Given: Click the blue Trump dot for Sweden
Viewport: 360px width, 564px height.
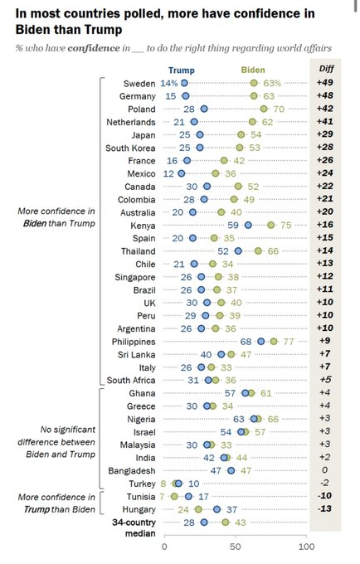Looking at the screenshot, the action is [184, 83].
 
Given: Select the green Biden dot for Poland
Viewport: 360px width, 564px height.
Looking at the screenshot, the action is [264, 109].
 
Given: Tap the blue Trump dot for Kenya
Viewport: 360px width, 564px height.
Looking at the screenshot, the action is [248, 225].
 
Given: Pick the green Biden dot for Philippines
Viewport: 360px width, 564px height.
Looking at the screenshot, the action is [274, 342].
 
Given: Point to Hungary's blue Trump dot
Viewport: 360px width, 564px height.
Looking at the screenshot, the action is [216, 509].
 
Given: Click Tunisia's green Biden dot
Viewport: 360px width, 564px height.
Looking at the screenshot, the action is [174, 496].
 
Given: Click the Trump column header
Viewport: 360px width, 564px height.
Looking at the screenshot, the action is [182, 70].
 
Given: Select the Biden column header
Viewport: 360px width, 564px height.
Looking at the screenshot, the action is [253, 70].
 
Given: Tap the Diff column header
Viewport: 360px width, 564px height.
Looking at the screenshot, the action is [327, 68].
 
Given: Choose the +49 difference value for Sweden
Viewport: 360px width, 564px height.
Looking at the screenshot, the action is [325, 82].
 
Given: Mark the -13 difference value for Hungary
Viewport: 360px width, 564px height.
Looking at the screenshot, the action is [324, 508].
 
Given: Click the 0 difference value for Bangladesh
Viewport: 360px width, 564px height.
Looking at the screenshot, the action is [325, 470].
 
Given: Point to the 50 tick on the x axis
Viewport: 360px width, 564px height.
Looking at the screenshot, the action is [236, 547].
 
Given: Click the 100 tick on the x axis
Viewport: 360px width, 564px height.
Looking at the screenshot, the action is [306, 547].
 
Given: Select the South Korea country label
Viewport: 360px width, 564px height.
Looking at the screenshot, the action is [130, 148].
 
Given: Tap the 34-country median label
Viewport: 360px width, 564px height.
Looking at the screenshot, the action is [134, 528].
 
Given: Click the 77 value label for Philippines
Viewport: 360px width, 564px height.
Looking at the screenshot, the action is [289, 342].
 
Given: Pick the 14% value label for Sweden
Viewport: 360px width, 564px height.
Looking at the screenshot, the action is [169, 83].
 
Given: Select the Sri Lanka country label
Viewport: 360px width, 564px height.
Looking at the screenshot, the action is [137, 355].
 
